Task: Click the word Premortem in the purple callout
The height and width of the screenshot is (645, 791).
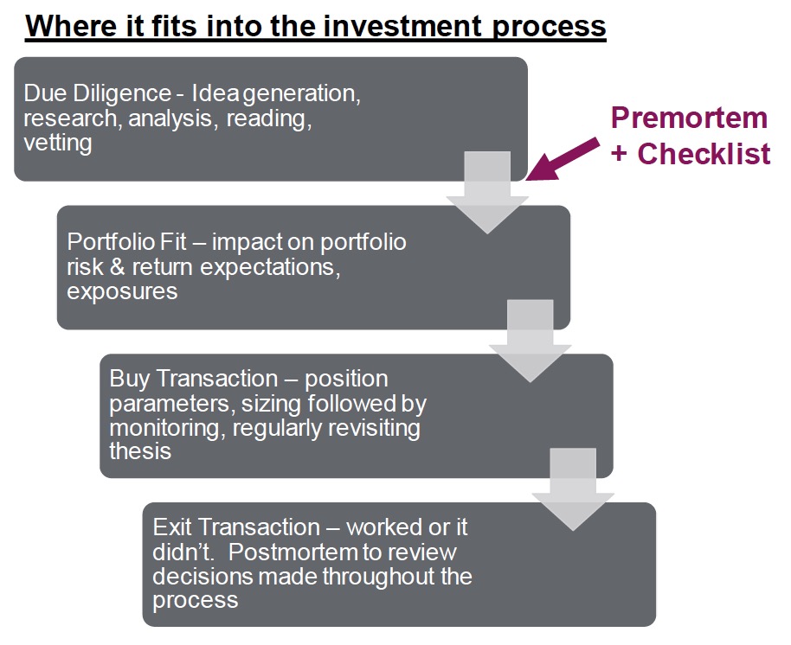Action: (690, 118)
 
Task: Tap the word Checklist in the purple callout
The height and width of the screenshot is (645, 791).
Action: (704, 154)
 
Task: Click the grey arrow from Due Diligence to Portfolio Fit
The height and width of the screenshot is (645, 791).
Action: (487, 195)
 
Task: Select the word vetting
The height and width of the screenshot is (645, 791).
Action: (58, 143)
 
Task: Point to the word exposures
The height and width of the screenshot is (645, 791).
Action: (122, 291)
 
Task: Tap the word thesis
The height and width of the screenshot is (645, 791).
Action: (140, 450)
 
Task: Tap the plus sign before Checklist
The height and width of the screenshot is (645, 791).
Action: (620, 154)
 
